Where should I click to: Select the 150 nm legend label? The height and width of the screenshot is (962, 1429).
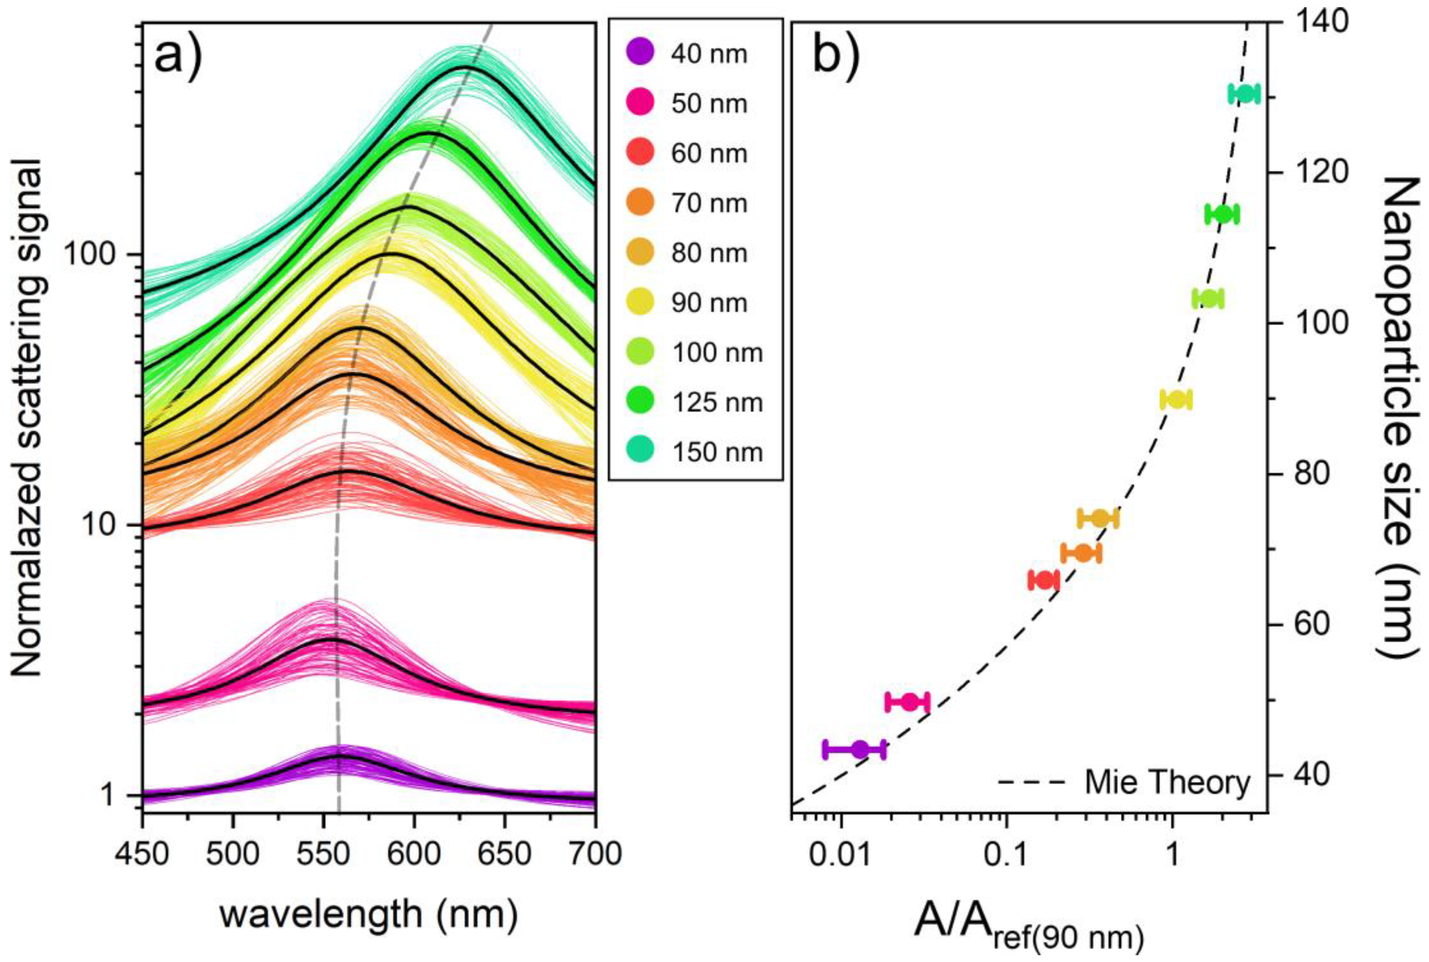(717, 452)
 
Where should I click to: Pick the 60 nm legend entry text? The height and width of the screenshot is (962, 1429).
(709, 153)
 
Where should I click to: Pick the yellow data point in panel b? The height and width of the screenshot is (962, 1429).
(1176, 399)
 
